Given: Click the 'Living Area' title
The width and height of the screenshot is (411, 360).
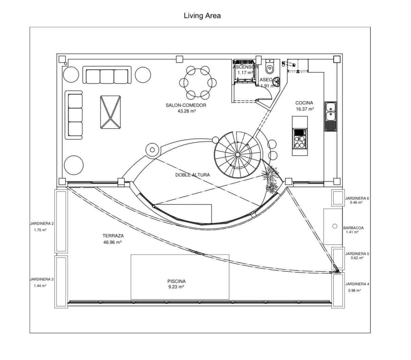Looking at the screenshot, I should (202, 16).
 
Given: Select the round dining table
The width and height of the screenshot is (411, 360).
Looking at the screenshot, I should (198, 83).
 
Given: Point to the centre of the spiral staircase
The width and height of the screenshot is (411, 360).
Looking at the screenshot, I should (237, 155).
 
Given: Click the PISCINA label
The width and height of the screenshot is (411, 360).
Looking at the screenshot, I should (176, 281).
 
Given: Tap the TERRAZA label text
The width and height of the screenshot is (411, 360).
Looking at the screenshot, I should (113, 236).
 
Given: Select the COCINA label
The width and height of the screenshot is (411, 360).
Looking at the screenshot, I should (304, 103).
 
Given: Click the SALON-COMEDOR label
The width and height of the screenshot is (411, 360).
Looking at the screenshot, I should (186, 105).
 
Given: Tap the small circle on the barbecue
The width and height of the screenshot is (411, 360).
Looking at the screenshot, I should (335, 226).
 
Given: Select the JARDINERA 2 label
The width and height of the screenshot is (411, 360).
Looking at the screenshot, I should (41, 224).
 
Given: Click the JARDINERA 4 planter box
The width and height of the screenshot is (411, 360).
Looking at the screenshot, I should (338, 290).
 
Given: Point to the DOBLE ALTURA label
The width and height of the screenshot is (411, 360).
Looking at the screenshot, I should (192, 175).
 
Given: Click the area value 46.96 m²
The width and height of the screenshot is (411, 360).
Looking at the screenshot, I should (112, 242).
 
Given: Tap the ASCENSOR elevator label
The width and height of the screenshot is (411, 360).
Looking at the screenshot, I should (245, 67).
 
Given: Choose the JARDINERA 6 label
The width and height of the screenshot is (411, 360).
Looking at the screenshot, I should (357, 198).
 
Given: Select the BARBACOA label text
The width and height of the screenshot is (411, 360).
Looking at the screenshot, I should (353, 228).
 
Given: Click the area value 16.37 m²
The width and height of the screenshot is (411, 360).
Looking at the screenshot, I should (305, 109).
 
